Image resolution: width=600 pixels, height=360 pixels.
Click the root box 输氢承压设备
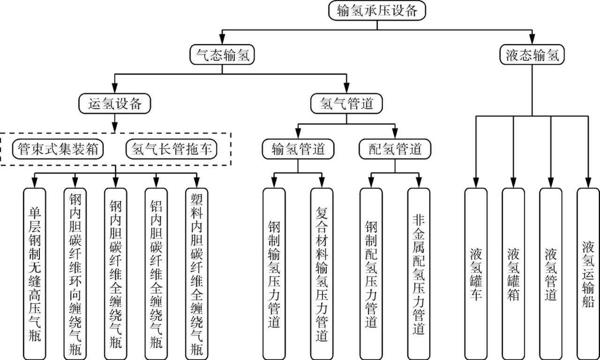tap(376, 10)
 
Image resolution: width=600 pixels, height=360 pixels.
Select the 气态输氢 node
tap(222, 55)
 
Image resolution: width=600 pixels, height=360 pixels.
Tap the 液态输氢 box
tap(532, 55)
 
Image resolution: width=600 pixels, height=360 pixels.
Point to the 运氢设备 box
tap(115, 104)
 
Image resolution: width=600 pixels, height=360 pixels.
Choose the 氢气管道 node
tap(346, 104)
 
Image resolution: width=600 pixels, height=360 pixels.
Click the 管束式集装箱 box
tap(58, 149)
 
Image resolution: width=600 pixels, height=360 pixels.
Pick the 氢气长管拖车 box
tap(172, 149)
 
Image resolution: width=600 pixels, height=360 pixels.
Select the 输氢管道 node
tap(298, 149)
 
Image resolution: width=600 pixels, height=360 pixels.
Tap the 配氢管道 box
tap(395, 149)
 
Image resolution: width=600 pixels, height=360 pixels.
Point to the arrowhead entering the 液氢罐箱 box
tap(513, 183)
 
